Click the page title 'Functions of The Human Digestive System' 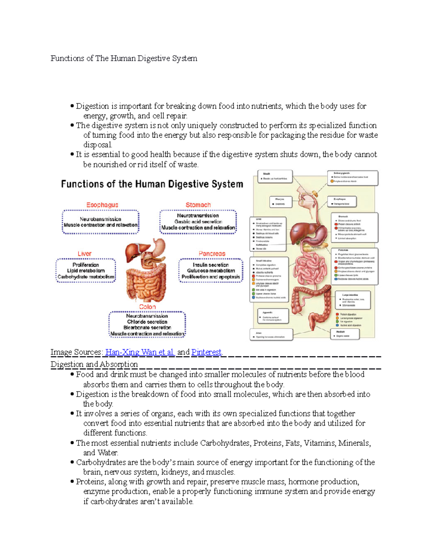(x=123, y=58)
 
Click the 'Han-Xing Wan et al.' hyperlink (x=140, y=352)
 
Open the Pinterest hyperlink (x=206, y=352)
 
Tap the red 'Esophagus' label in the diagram (x=102, y=205)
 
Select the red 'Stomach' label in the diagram (x=198, y=205)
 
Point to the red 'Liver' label (x=85, y=254)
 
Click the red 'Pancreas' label (x=212, y=254)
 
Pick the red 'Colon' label (x=147, y=307)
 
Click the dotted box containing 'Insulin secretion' (x=211, y=271)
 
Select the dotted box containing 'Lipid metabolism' (x=86, y=271)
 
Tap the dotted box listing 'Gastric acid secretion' (x=198, y=222)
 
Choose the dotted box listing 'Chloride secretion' (x=147, y=325)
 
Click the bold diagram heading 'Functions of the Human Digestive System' (x=152, y=184)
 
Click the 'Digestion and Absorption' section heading (x=94, y=364)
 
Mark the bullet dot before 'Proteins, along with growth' (x=72, y=482)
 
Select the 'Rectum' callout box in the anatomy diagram (x=345, y=334)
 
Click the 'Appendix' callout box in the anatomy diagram (x=273, y=316)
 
